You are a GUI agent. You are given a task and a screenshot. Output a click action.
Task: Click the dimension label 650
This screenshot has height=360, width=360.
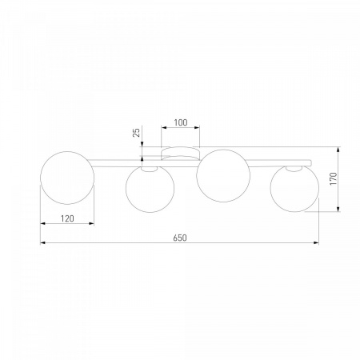click(x=180, y=238)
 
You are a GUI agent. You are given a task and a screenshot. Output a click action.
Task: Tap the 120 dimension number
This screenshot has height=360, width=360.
click(x=67, y=218)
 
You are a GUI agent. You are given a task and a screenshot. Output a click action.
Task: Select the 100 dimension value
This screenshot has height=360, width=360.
click(x=181, y=122)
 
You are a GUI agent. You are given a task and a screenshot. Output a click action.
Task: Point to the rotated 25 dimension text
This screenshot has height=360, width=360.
click(x=136, y=133)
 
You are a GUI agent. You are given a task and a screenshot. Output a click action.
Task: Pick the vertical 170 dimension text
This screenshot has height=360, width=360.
click(x=334, y=178)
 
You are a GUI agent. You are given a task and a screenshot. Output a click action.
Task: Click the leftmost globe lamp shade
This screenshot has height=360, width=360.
click(x=67, y=178)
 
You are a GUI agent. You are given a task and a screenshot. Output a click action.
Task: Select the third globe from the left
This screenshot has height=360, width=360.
click(x=223, y=176)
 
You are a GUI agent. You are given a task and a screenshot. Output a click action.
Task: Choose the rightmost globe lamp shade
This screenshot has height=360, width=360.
click(x=294, y=188)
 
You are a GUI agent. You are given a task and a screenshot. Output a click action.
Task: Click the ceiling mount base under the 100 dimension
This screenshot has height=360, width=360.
click(x=181, y=154)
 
